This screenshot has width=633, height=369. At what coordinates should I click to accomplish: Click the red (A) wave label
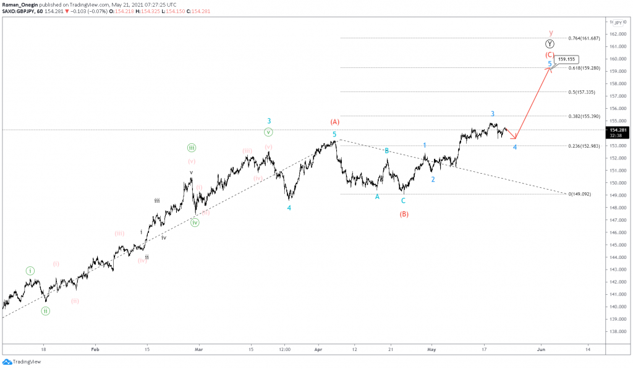tap(335, 122)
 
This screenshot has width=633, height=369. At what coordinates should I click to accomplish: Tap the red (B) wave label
tap(404, 214)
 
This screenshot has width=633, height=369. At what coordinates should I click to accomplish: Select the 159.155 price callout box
tap(566, 60)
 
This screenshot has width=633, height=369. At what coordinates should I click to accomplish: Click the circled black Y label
tap(550, 44)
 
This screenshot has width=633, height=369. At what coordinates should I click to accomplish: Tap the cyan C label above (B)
tap(403, 200)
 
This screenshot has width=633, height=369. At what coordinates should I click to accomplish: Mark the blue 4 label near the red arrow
tap(515, 147)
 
